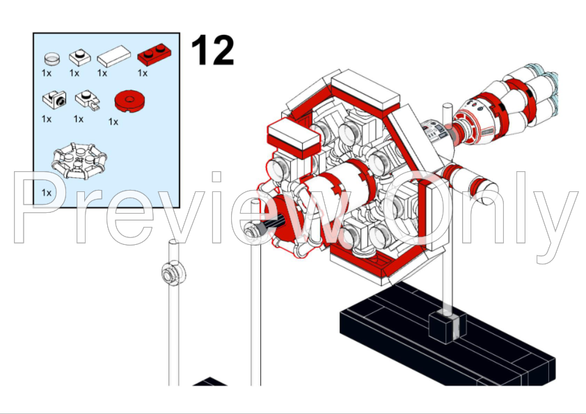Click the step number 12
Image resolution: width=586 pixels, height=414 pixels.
[212, 50]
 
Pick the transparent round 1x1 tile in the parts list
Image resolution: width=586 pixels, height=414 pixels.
[51, 58]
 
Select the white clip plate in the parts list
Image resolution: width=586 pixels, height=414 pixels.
[85, 101]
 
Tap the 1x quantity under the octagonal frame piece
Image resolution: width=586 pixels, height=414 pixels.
[47, 192]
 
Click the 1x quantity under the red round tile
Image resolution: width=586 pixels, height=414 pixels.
[113, 121]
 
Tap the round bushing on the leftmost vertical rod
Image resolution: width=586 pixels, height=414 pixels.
[169, 272]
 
